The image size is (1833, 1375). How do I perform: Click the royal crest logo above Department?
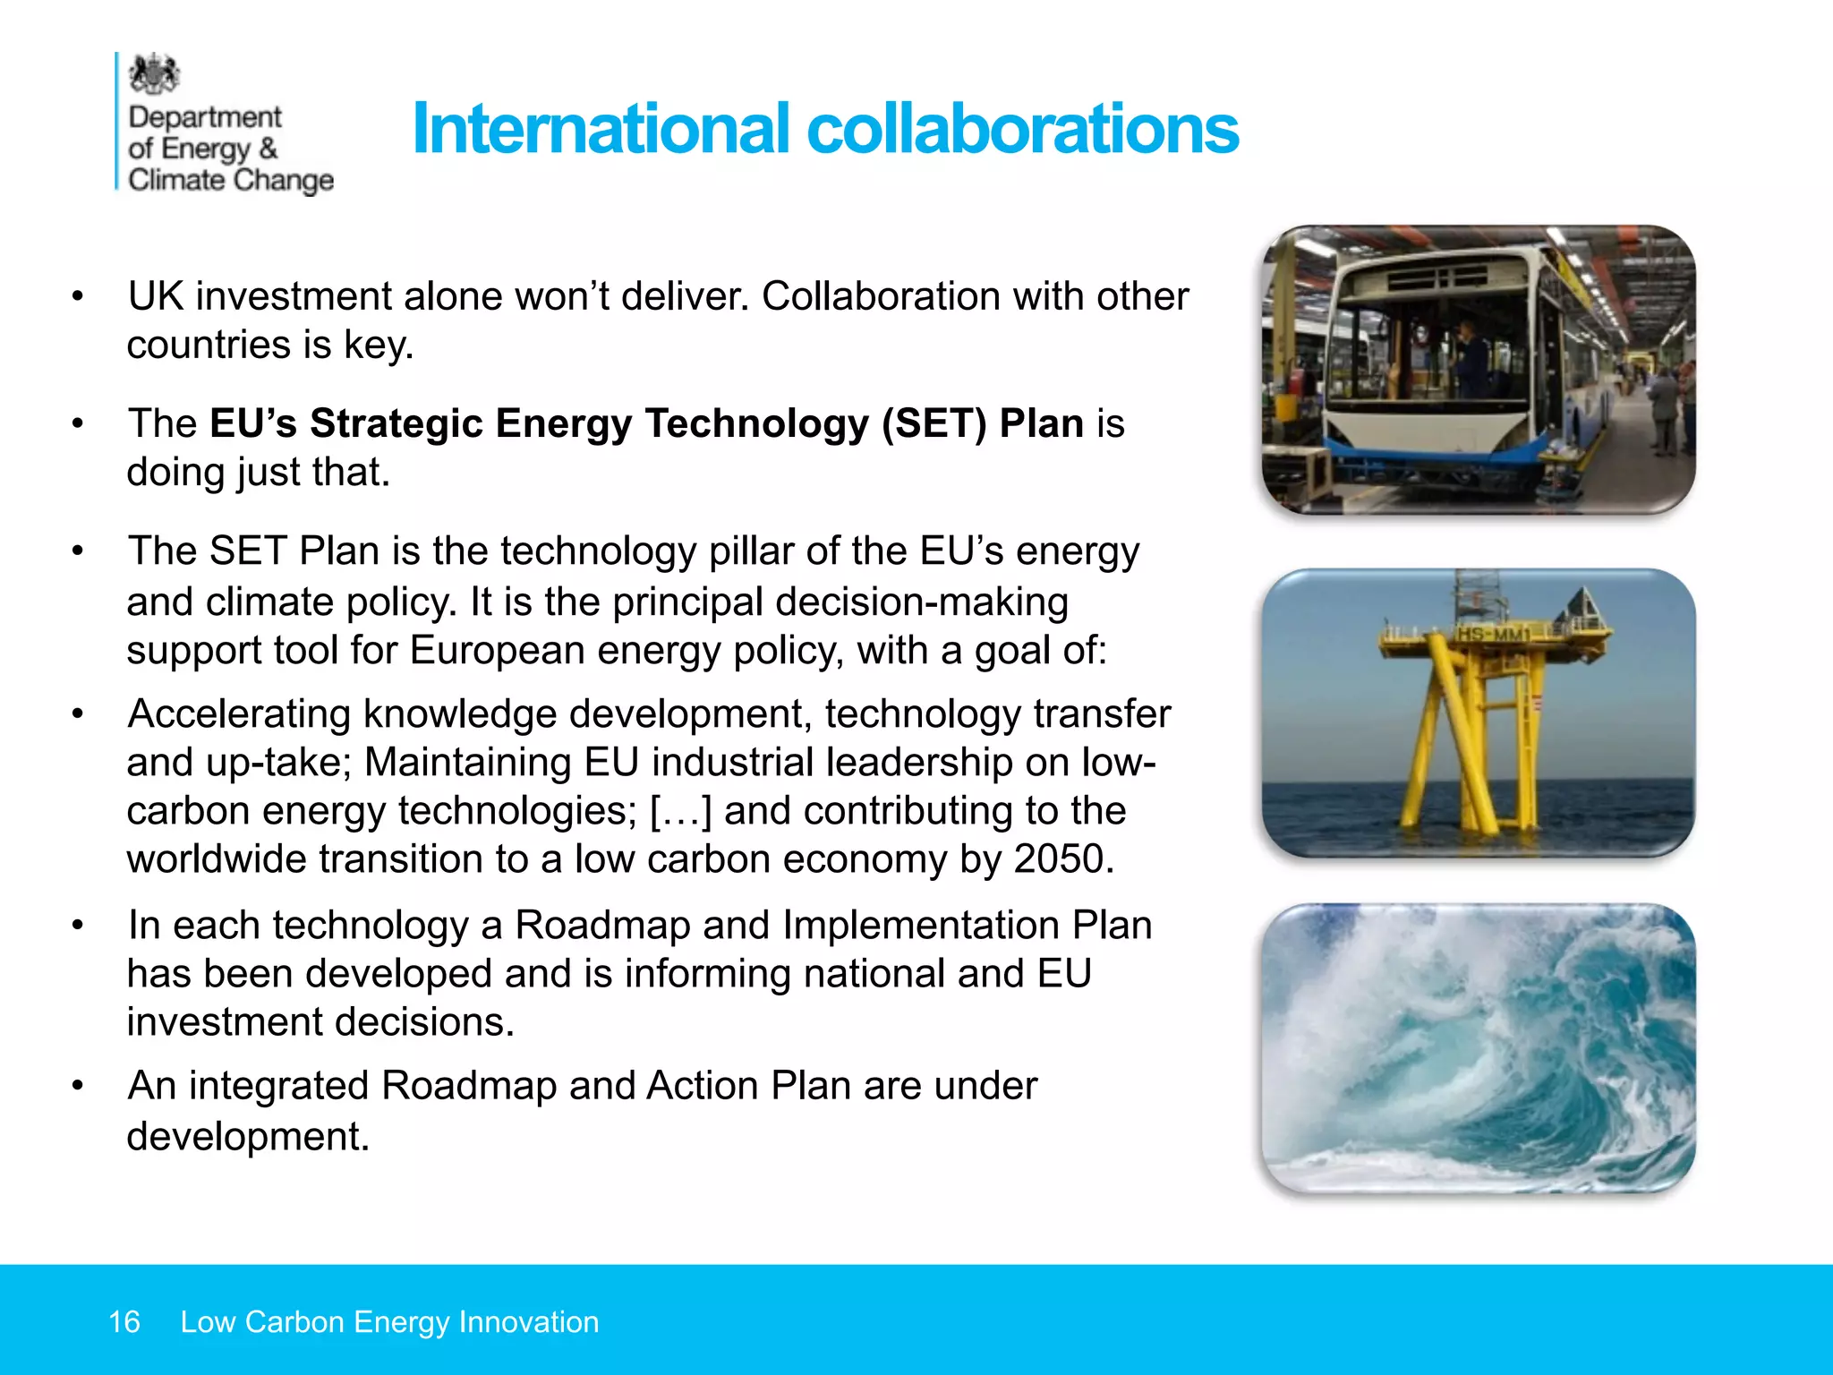pos(154,74)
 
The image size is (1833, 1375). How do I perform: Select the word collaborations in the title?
pos(1022,129)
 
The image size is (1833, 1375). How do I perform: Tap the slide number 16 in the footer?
pos(124,1321)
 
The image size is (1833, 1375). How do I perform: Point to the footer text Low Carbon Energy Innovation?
pos(389,1321)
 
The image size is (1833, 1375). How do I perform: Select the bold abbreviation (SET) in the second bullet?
pos(934,423)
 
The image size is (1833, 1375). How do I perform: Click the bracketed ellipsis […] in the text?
pos(680,811)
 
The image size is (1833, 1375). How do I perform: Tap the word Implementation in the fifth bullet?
pos(921,926)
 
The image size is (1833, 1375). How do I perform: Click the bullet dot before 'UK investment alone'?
pos(79,296)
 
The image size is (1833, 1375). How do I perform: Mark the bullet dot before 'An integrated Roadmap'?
pos(79,1086)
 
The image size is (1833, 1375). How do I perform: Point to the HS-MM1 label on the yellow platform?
pos(1492,635)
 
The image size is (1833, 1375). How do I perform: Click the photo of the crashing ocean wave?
pos(1479,1047)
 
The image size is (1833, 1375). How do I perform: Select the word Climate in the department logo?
pos(176,180)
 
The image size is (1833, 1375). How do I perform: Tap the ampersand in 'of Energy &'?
pos(268,149)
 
